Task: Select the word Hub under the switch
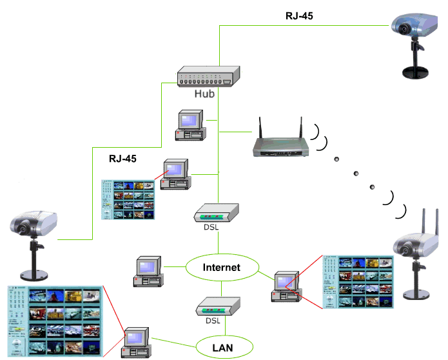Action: [x=204, y=94]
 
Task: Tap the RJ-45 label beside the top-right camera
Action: [x=299, y=15]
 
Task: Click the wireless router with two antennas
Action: [x=280, y=145]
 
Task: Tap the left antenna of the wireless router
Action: [x=259, y=129]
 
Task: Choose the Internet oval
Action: [x=221, y=267]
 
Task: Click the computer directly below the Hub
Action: [x=191, y=125]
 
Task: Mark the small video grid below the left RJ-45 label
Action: [x=128, y=199]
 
